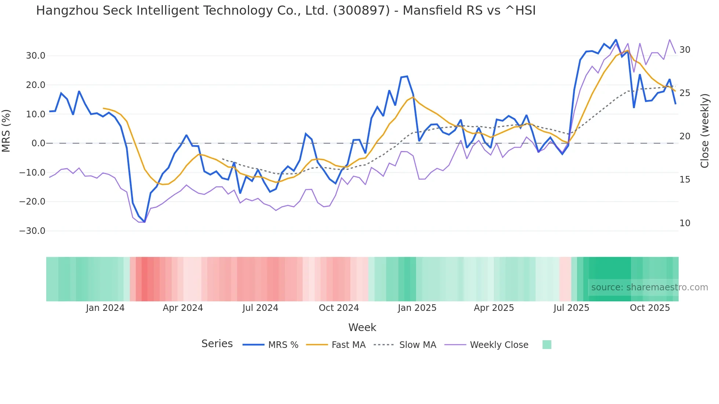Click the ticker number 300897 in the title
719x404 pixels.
click(361, 11)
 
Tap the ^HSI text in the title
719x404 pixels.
click(521, 11)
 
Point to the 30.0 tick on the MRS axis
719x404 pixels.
click(36, 56)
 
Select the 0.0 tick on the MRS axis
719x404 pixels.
click(38, 143)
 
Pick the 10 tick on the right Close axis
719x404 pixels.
click(685, 223)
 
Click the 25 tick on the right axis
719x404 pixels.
click(685, 93)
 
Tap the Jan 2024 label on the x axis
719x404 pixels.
click(105, 308)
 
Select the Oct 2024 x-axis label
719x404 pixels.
click(339, 308)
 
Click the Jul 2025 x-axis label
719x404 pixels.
click(571, 308)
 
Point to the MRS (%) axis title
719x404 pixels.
click(6, 131)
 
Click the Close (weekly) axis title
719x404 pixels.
click(705, 131)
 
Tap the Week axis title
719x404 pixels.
click(362, 327)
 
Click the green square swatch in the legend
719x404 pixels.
click(547, 345)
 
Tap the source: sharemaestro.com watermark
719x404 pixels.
click(649, 287)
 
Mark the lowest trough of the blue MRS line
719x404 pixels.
click(145, 222)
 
